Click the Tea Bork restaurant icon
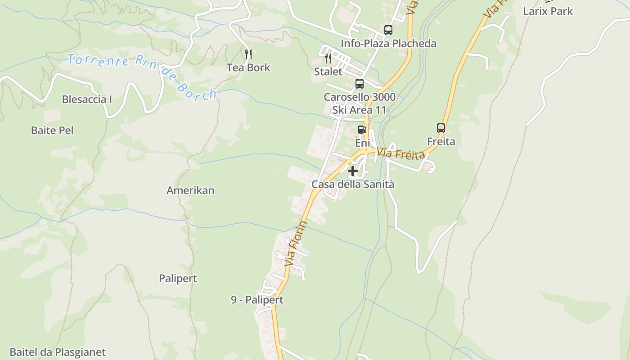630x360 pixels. click(248, 54)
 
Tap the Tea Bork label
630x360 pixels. click(248, 67)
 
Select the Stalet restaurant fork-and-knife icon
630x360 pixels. click(328, 58)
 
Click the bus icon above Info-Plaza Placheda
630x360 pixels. click(388, 30)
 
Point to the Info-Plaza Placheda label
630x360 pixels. click(388, 44)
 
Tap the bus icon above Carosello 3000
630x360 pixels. click(359, 83)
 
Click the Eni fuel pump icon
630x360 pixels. click(362, 130)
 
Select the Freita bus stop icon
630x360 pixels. click(441, 128)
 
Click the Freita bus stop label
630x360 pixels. click(441, 142)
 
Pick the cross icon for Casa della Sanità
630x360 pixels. click(353, 171)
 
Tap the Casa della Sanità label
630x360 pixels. click(353, 184)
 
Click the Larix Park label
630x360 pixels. click(548, 11)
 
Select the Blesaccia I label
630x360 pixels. click(87, 99)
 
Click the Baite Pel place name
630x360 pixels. click(52, 130)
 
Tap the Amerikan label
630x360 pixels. click(190, 190)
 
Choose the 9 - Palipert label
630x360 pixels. click(257, 300)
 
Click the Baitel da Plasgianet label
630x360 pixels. click(58, 352)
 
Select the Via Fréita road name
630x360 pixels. click(401, 154)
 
